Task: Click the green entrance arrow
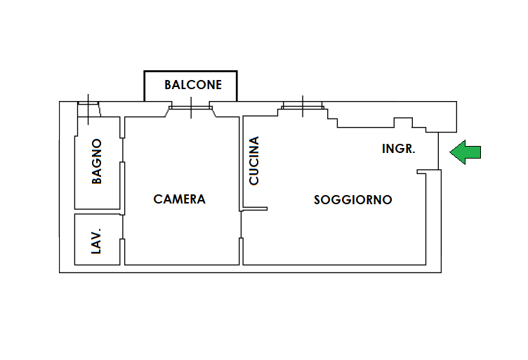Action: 466,152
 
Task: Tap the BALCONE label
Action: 193,85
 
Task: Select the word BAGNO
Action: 97,161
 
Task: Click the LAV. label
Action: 97,240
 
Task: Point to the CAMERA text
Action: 180,199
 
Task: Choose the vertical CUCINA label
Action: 254,161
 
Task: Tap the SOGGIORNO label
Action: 352,200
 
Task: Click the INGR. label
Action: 399,149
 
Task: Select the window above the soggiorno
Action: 303,107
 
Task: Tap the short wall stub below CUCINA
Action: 255,208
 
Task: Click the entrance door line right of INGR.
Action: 440,151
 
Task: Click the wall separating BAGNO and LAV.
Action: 98,211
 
